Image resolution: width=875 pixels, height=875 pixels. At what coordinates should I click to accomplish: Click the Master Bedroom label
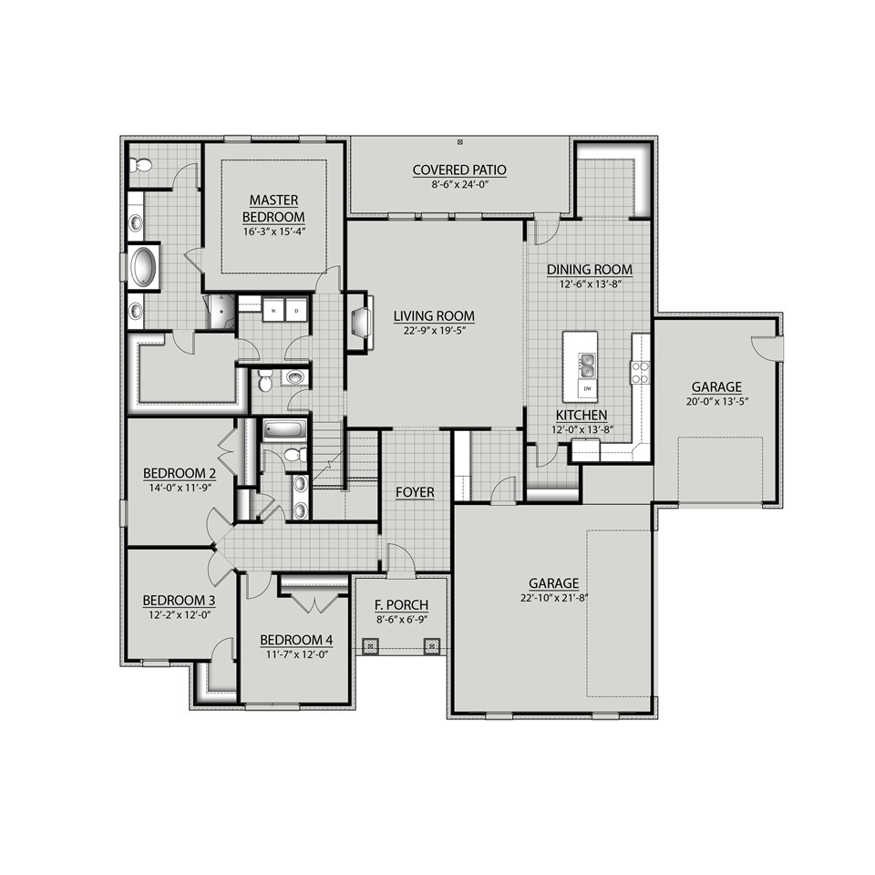pos(273,208)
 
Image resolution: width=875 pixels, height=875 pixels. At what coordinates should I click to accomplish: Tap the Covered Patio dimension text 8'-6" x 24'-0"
pos(459,185)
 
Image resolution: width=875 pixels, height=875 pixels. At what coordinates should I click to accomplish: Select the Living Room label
pos(434,316)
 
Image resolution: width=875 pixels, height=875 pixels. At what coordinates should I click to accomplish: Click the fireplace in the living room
pos(361,322)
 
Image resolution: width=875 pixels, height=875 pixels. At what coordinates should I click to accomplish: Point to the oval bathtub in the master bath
pos(143,266)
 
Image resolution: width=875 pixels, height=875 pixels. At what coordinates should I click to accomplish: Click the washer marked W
pos(273,310)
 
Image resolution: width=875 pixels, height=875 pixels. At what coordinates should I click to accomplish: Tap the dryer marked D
pos(296,310)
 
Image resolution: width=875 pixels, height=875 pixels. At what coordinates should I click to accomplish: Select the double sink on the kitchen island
pos(587,365)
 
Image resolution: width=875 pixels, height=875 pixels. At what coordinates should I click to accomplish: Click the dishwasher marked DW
pos(587,388)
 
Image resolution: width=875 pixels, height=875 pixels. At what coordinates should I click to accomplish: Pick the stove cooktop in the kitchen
pos(640,372)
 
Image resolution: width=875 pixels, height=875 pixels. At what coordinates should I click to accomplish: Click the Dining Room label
pos(590,270)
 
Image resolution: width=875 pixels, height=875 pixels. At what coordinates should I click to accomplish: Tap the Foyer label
pos(415,492)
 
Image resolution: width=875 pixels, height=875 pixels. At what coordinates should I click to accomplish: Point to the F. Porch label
pos(401,605)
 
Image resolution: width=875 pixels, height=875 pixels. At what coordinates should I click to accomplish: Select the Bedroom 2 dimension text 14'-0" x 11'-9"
pos(180,488)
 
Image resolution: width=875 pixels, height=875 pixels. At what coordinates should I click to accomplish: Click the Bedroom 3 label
pos(180,601)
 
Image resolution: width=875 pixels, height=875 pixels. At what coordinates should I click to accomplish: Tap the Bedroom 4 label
pos(296,640)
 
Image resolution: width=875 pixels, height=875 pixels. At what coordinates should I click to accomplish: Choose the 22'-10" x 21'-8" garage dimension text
pos(553,598)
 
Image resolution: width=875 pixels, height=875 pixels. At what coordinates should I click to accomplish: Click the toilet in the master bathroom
pos(140,165)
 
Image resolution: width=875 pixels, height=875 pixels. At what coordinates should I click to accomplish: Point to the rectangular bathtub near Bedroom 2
pos(284,429)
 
